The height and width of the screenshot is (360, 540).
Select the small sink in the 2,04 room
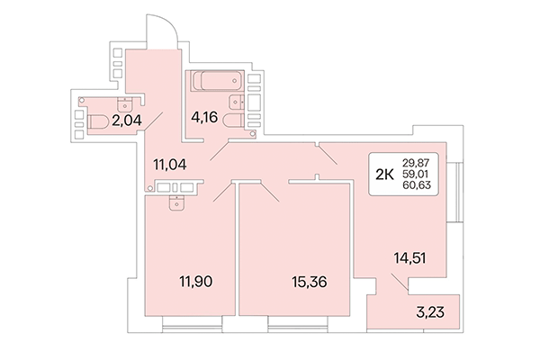pyautogui.click(x=127, y=101)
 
